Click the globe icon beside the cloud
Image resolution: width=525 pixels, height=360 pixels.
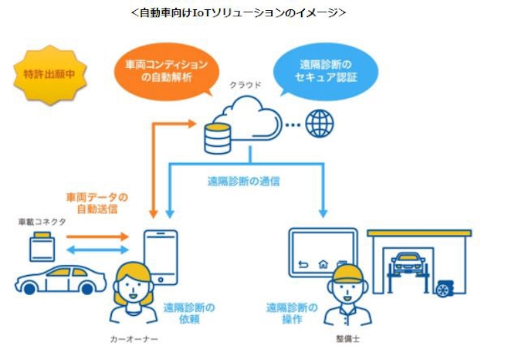[x=318, y=124]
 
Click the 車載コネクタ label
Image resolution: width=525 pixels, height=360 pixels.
[x=43, y=222]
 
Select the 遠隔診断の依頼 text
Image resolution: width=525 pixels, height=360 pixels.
[x=189, y=313]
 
